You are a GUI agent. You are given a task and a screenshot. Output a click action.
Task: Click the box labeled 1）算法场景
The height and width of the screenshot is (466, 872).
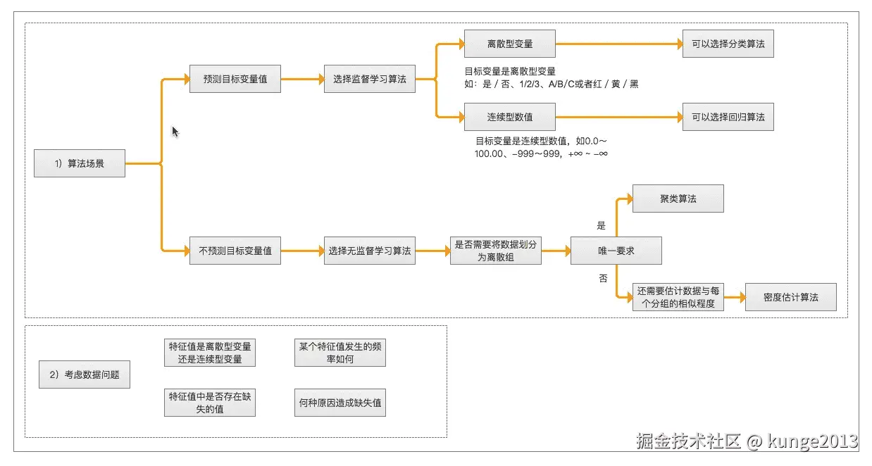tap(80, 163)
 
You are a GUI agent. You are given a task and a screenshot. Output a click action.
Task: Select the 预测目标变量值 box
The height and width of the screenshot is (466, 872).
tap(235, 79)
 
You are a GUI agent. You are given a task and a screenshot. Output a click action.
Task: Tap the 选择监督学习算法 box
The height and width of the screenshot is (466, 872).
tap(370, 79)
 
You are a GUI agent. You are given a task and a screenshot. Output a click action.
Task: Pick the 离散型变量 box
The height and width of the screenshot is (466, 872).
tap(510, 44)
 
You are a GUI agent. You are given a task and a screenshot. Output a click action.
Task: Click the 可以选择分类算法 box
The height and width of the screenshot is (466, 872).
tap(728, 44)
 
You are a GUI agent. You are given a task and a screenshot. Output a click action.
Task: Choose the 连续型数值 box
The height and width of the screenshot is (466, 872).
tap(510, 117)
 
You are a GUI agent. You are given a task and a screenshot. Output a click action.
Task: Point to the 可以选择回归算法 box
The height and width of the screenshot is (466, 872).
tap(728, 117)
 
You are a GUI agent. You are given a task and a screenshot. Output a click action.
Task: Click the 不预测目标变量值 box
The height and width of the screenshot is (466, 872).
tap(235, 251)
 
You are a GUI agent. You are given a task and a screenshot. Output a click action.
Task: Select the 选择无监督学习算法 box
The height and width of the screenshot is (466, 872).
tap(370, 251)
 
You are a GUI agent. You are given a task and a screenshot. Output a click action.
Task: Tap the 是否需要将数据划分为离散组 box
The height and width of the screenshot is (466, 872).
tap(496, 251)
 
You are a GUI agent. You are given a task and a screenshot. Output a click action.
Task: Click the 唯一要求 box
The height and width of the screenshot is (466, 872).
tap(616, 251)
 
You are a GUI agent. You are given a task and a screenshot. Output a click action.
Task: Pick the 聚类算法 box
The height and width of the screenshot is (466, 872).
tap(678, 199)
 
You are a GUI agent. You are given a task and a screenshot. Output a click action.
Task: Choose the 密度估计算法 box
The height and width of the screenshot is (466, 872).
tap(791, 297)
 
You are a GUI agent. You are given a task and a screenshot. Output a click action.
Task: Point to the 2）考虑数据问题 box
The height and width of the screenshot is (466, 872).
tap(85, 374)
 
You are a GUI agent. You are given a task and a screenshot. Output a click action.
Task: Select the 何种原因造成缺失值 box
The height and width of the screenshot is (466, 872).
tap(340, 403)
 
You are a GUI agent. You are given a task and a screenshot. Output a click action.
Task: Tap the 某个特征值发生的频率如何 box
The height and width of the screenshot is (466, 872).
tap(340, 353)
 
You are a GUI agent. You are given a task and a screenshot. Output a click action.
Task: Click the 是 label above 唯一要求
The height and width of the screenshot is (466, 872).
tap(602, 226)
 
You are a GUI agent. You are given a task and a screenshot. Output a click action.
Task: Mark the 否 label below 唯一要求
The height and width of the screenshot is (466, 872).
tap(603, 279)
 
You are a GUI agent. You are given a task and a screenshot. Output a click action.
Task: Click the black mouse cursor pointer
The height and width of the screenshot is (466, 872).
tap(175, 132)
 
